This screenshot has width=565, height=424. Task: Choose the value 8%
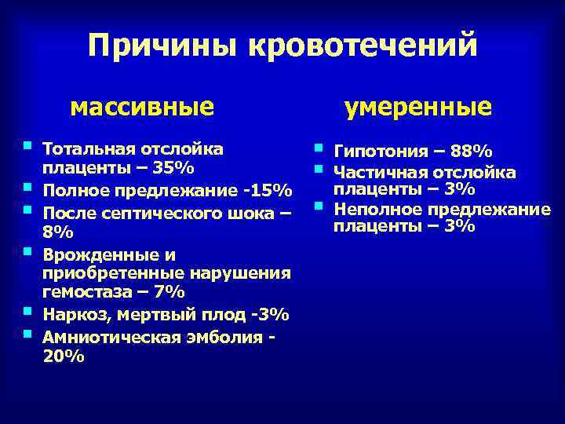click(57, 233)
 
